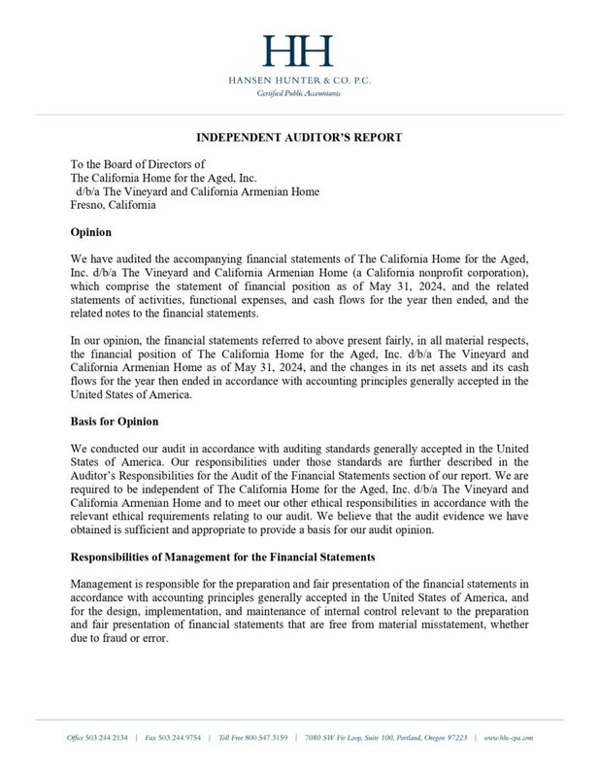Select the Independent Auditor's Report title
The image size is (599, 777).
tap(299, 137)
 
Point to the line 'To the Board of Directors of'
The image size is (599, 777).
tap(139, 165)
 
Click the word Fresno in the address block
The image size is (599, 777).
tap(90, 206)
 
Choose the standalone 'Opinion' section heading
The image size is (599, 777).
tap(93, 233)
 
